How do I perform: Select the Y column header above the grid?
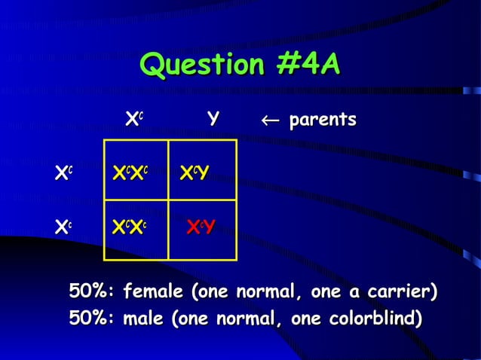click(214, 119)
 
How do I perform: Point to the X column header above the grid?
click(134, 119)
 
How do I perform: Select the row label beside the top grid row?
click(64, 174)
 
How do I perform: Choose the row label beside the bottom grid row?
click(64, 225)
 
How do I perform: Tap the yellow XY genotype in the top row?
click(194, 174)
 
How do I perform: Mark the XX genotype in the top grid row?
click(130, 174)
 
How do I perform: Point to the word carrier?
click(406, 291)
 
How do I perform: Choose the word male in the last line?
click(145, 319)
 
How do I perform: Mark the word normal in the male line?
click(244, 319)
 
